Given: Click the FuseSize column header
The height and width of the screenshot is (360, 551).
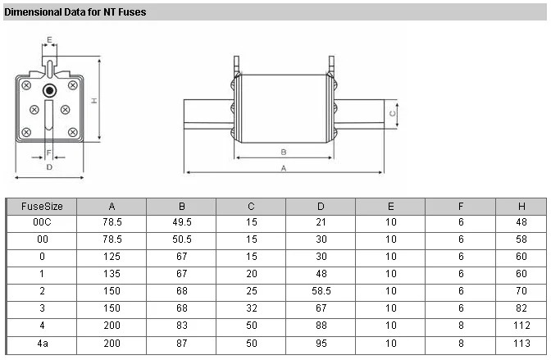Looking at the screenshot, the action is click(42, 207).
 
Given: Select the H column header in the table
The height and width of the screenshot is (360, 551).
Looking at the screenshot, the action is click(521, 207).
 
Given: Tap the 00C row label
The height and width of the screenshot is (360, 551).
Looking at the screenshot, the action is click(42, 222).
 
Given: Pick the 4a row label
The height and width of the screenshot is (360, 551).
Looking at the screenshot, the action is click(43, 343).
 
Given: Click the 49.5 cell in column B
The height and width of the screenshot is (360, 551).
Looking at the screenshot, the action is click(182, 222).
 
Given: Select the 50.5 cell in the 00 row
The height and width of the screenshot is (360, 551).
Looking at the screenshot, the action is click(182, 239).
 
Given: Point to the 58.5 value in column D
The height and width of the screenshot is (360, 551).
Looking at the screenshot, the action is click(321, 291).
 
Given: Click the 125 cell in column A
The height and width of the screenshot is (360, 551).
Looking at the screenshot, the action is click(112, 257).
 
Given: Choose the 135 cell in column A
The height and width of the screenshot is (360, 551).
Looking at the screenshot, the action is click(112, 274).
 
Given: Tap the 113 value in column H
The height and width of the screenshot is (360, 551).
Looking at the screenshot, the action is click(521, 343).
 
